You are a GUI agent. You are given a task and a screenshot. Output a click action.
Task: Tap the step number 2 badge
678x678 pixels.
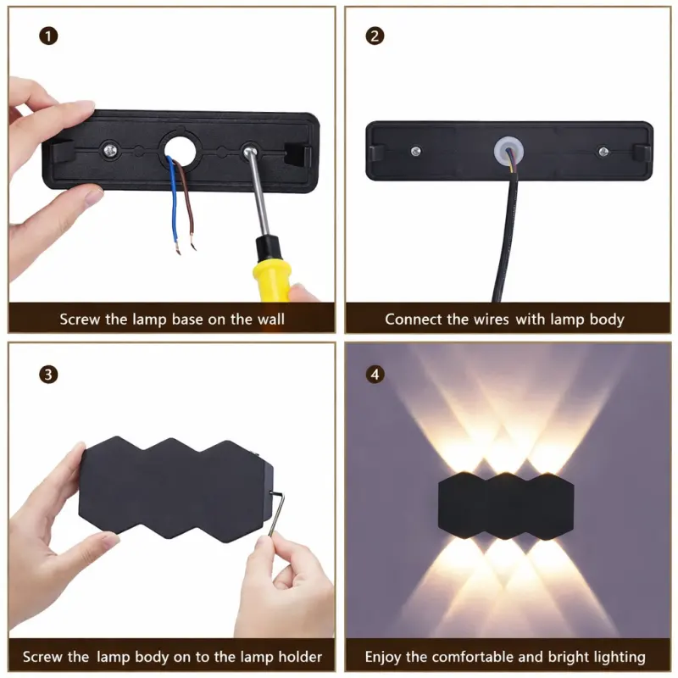pos(374,36)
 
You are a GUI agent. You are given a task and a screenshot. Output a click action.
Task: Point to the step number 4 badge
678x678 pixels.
pos(374,373)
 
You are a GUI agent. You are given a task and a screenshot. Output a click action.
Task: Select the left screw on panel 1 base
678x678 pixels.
pos(111,149)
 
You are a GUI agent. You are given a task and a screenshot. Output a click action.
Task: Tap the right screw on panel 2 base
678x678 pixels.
pos(603,151)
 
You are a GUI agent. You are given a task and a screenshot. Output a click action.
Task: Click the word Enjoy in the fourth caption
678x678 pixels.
pos(384,657)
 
